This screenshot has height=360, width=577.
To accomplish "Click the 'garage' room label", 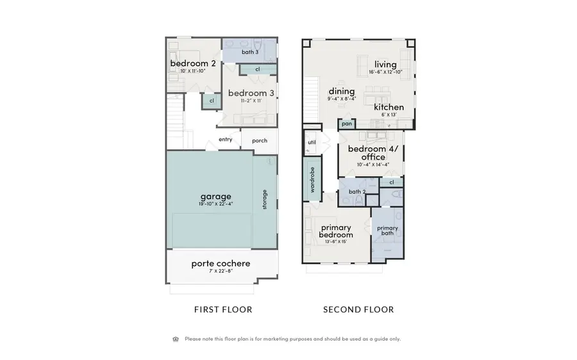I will (215, 196).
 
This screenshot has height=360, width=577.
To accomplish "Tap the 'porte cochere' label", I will (221, 263).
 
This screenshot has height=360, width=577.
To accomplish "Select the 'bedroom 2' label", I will (192, 64).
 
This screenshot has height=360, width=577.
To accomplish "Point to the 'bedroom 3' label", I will (251, 92).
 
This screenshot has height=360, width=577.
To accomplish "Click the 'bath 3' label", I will (250, 52).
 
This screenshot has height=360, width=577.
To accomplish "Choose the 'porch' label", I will (260, 141).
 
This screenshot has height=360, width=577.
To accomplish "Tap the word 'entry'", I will (225, 140).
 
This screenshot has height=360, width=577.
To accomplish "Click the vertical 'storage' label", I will (265, 200).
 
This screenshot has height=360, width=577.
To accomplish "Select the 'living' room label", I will (385, 64).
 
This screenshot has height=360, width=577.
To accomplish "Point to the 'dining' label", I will (342, 92).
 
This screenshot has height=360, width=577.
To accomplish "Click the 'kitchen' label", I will (389, 107).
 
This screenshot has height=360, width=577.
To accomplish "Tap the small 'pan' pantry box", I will (347, 124).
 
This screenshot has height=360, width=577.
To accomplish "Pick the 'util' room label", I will (312, 142).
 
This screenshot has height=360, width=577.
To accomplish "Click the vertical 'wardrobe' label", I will (312, 180).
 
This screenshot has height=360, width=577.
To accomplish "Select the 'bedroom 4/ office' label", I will (372, 153).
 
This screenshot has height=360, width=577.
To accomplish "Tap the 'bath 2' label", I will (357, 192).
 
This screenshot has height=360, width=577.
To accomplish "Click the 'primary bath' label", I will (387, 231).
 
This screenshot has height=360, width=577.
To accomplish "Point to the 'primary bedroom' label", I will (337, 231).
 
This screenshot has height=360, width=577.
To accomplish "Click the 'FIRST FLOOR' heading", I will (223, 309).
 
